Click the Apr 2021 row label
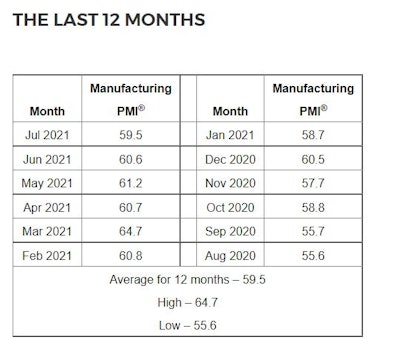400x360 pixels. tap(47, 208)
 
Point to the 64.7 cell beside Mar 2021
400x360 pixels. tap(130, 232)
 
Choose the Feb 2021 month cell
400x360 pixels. tap(47, 256)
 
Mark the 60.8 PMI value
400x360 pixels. tap(130, 256)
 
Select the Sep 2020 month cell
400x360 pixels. tap(230, 232)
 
